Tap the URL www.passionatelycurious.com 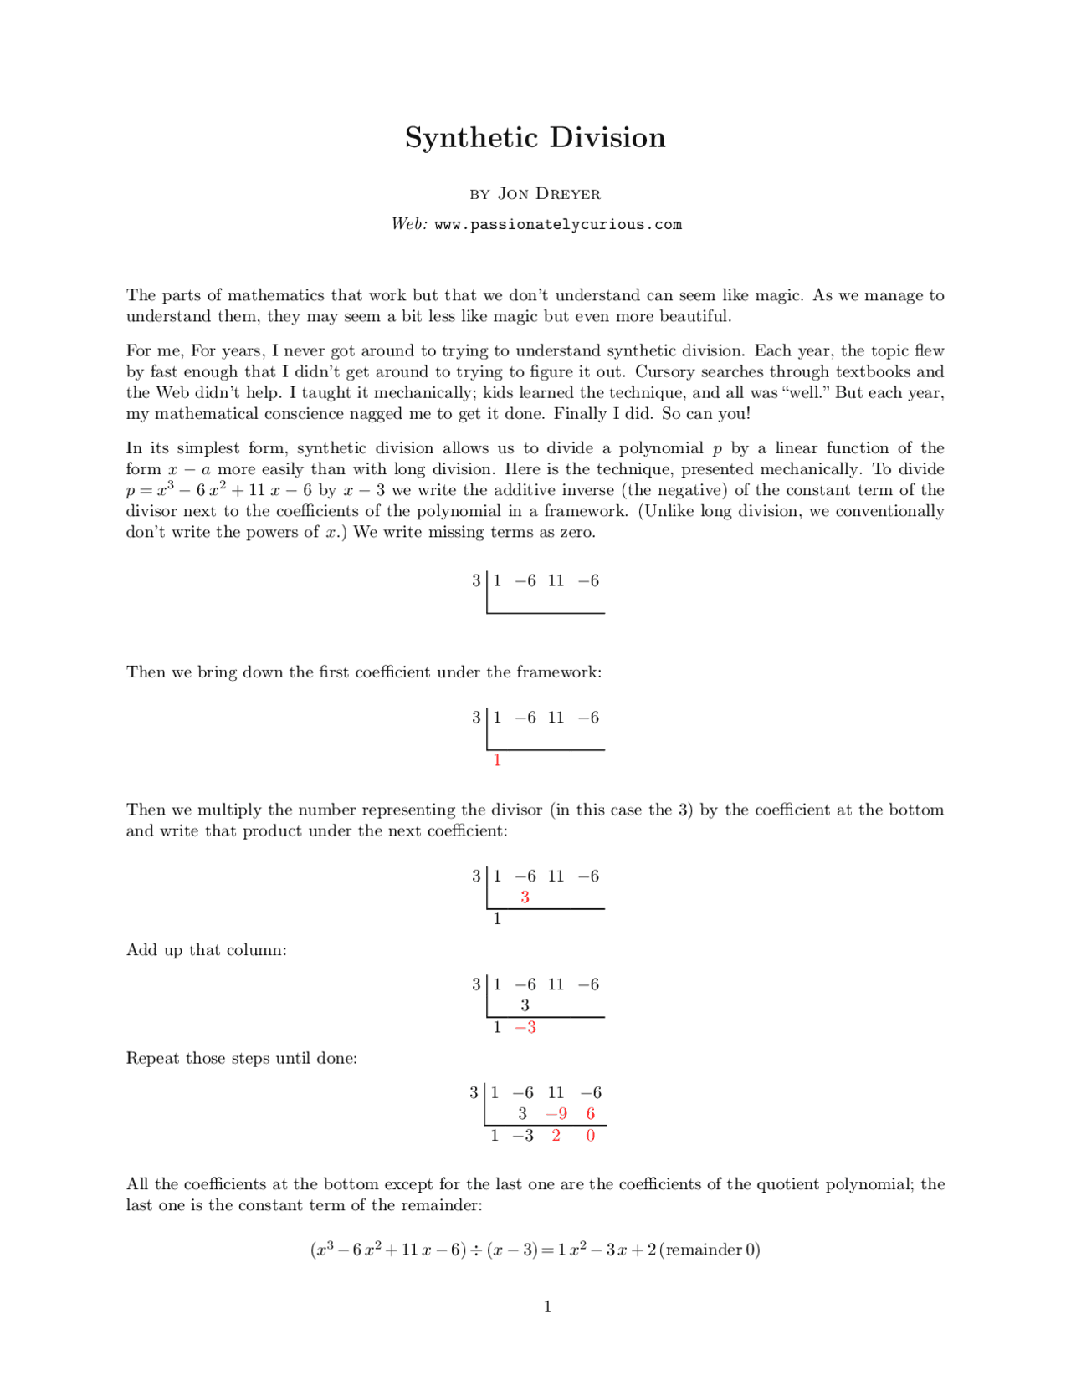pyautogui.click(x=558, y=224)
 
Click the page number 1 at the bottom pyautogui.click(x=547, y=1306)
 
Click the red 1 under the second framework pyautogui.click(x=497, y=760)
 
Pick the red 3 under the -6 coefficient pyautogui.click(x=525, y=897)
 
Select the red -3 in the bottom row pyautogui.click(x=525, y=1027)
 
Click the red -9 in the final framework pyautogui.click(x=556, y=1114)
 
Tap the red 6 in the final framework pyautogui.click(x=591, y=1114)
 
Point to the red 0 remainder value pyautogui.click(x=591, y=1136)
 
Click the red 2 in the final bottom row pyautogui.click(x=556, y=1136)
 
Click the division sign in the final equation pyautogui.click(x=476, y=1250)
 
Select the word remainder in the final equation pyautogui.click(x=703, y=1250)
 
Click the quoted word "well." pyautogui.click(x=803, y=393)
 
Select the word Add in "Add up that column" pyautogui.click(x=141, y=950)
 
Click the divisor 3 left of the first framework pyautogui.click(x=476, y=580)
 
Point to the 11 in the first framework pyautogui.click(x=556, y=580)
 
